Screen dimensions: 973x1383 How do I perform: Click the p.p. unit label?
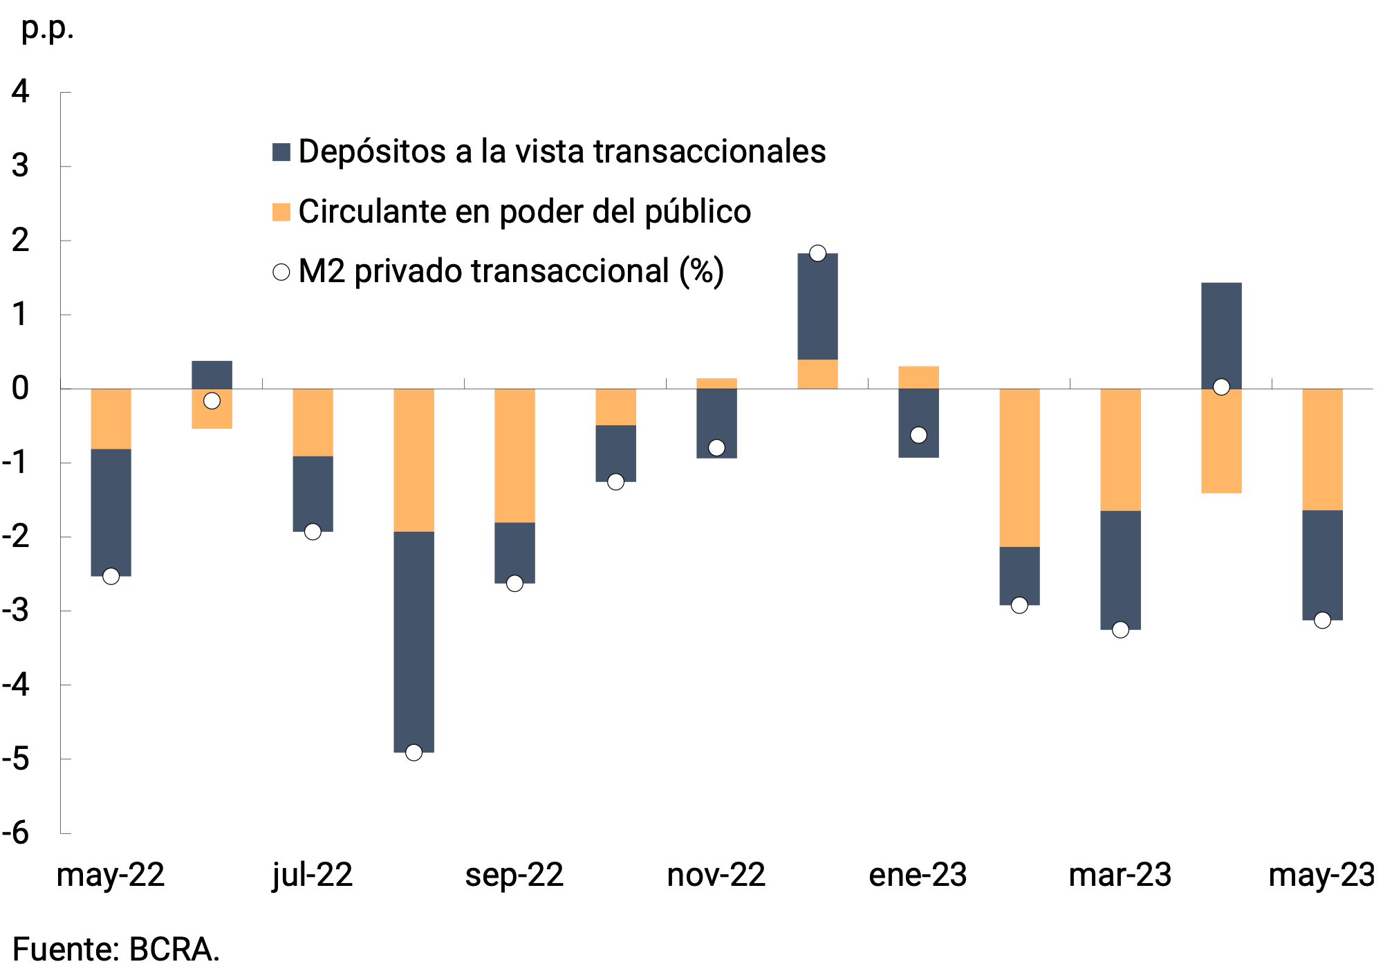click(x=47, y=29)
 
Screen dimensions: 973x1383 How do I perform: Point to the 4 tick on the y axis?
click(x=21, y=92)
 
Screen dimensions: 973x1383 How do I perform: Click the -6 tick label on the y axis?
click(x=17, y=833)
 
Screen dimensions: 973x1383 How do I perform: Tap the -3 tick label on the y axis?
click(x=17, y=611)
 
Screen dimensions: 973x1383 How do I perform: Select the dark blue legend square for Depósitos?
click(x=281, y=152)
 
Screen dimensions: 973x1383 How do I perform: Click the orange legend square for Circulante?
click(x=281, y=212)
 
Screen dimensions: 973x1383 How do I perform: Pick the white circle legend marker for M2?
click(x=281, y=272)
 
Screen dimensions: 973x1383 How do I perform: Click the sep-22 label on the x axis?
click(x=514, y=875)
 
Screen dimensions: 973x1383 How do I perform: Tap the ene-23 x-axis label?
click(x=918, y=875)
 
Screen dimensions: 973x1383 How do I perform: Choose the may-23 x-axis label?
click(x=1321, y=875)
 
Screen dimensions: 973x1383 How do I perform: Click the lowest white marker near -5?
click(x=414, y=752)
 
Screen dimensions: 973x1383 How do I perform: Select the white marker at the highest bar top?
click(x=817, y=253)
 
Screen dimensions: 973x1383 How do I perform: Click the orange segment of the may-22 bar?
click(x=111, y=418)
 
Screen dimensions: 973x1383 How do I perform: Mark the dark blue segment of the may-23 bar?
click(x=1322, y=564)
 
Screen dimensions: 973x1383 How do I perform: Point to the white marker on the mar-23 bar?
click(x=1120, y=629)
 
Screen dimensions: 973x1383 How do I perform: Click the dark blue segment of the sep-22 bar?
click(x=514, y=552)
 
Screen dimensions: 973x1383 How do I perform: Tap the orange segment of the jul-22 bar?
click(x=313, y=422)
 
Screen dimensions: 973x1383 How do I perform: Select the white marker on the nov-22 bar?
click(x=716, y=447)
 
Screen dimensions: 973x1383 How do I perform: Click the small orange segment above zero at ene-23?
click(x=918, y=377)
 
